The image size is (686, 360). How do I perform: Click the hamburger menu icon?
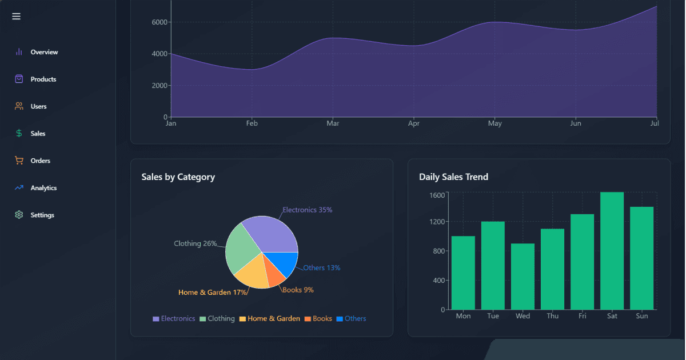coord(16,16)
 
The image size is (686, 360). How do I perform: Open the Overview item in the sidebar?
coord(44,52)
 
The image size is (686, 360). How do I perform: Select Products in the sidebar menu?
coord(43,79)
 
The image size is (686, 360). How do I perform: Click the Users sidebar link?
coord(38,106)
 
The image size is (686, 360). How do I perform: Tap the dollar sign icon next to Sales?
coord(19,134)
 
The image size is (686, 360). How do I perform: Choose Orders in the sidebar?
coord(40,161)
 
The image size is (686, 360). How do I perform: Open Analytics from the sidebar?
coord(43,188)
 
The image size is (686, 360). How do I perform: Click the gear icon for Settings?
coord(19,215)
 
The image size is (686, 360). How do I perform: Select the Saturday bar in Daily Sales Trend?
coord(612,251)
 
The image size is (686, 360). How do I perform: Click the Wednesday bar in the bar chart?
coord(523,277)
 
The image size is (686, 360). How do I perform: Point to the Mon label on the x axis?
coord(463,316)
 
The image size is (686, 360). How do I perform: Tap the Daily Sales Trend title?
coord(453,177)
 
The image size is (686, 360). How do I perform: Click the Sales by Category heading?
coord(178,177)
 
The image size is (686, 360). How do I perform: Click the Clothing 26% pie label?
coord(195,243)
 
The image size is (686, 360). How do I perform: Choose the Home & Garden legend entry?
coord(269,319)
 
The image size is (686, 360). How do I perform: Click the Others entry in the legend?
coord(351,319)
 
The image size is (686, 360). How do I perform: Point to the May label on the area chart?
coord(494,123)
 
